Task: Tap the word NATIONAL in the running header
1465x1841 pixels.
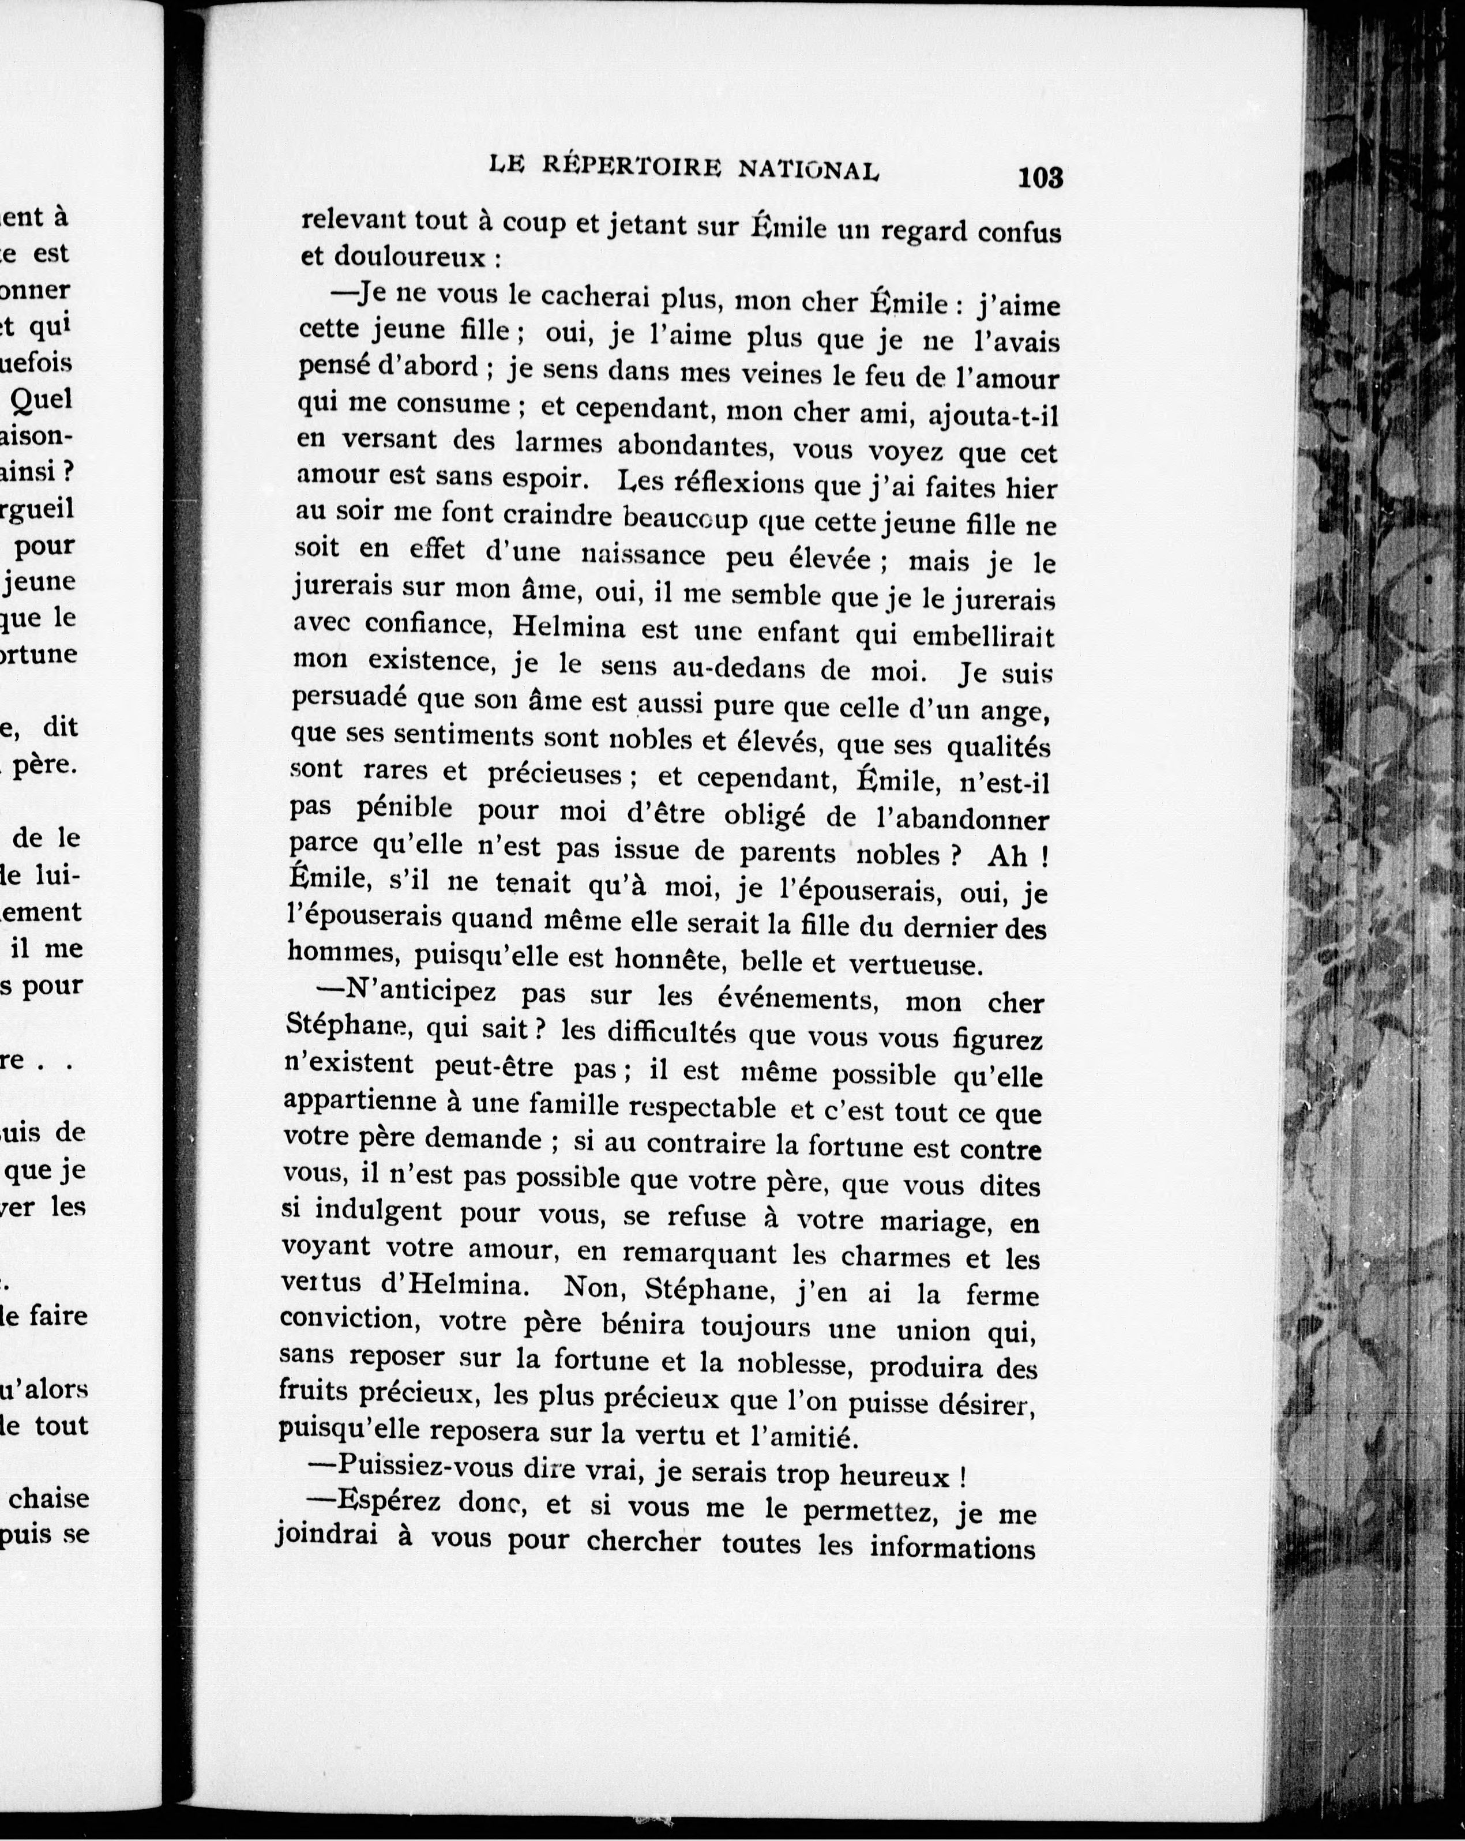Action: (807, 170)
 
